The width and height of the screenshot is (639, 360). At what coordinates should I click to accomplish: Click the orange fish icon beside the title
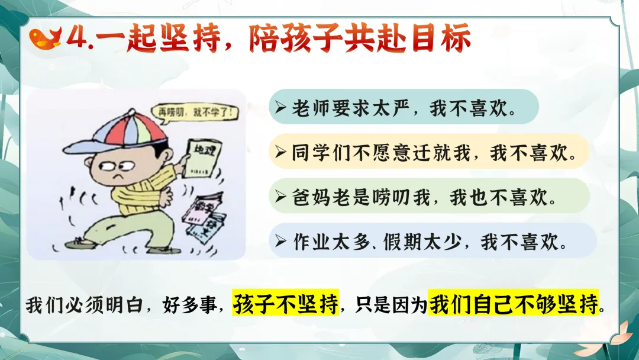pyautogui.click(x=45, y=38)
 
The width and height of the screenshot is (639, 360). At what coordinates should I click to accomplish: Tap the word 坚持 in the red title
pyautogui.click(x=189, y=38)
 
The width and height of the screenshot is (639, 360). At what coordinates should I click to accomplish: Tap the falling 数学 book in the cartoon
pyautogui.click(x=202, y=208)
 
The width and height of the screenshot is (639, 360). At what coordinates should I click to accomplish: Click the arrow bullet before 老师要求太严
pyautogui.click(x=280, y=108)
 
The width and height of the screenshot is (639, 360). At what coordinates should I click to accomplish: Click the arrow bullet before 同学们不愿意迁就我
pyautogui.click(x=280, y=152)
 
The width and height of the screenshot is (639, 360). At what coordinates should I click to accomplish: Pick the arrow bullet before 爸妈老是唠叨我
pyautogui.click(x=280, y=197)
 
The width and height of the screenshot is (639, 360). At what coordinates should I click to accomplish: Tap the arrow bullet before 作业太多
pyautogui.click(x=280, y=242)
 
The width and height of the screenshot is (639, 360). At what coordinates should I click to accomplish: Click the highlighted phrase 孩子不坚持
pyautogui.click(x=285, y=303)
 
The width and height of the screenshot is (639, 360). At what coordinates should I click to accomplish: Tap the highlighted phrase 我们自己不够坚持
pyautogui.click(x=514, y=303)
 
